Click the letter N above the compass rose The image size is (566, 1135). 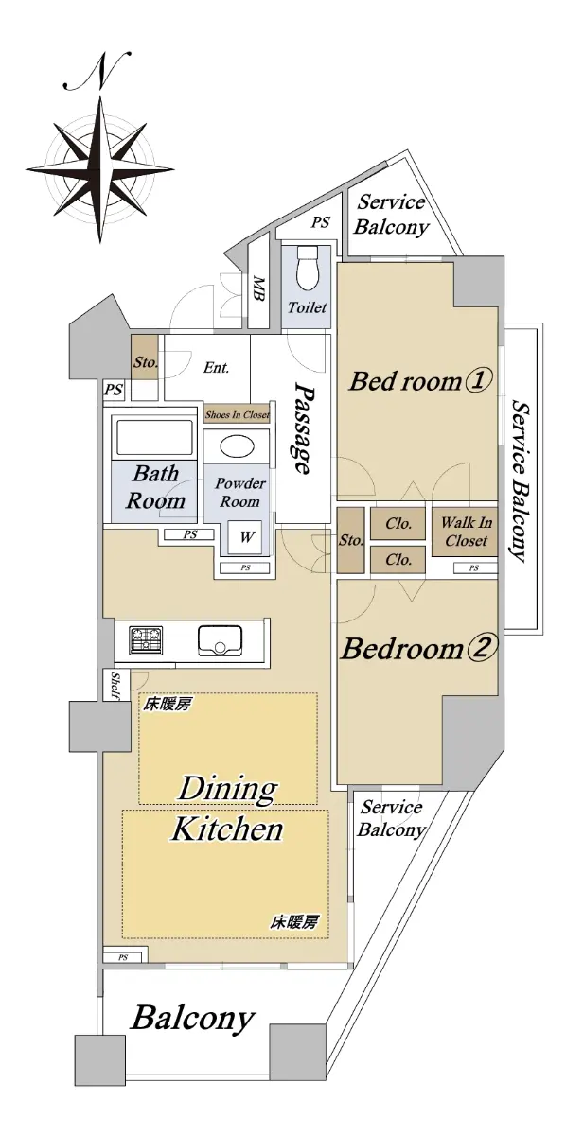pos(98,70)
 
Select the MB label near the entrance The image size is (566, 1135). pos(258,288)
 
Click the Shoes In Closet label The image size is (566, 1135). pos(237,415)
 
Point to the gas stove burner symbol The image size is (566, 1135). pos(147,641)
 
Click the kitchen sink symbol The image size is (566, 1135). pos(220,641)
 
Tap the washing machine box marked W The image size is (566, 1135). pos(246,537)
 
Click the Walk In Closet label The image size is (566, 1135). pos(466,532)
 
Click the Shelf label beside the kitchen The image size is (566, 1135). pos(115,686)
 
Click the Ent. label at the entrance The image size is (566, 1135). pos(217,367)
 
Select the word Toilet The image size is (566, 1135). pos(308,307)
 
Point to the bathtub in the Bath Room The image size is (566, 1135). pos(154,437)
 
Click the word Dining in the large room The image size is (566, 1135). pos(228,790)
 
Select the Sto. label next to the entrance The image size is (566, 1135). pos(146,363)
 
